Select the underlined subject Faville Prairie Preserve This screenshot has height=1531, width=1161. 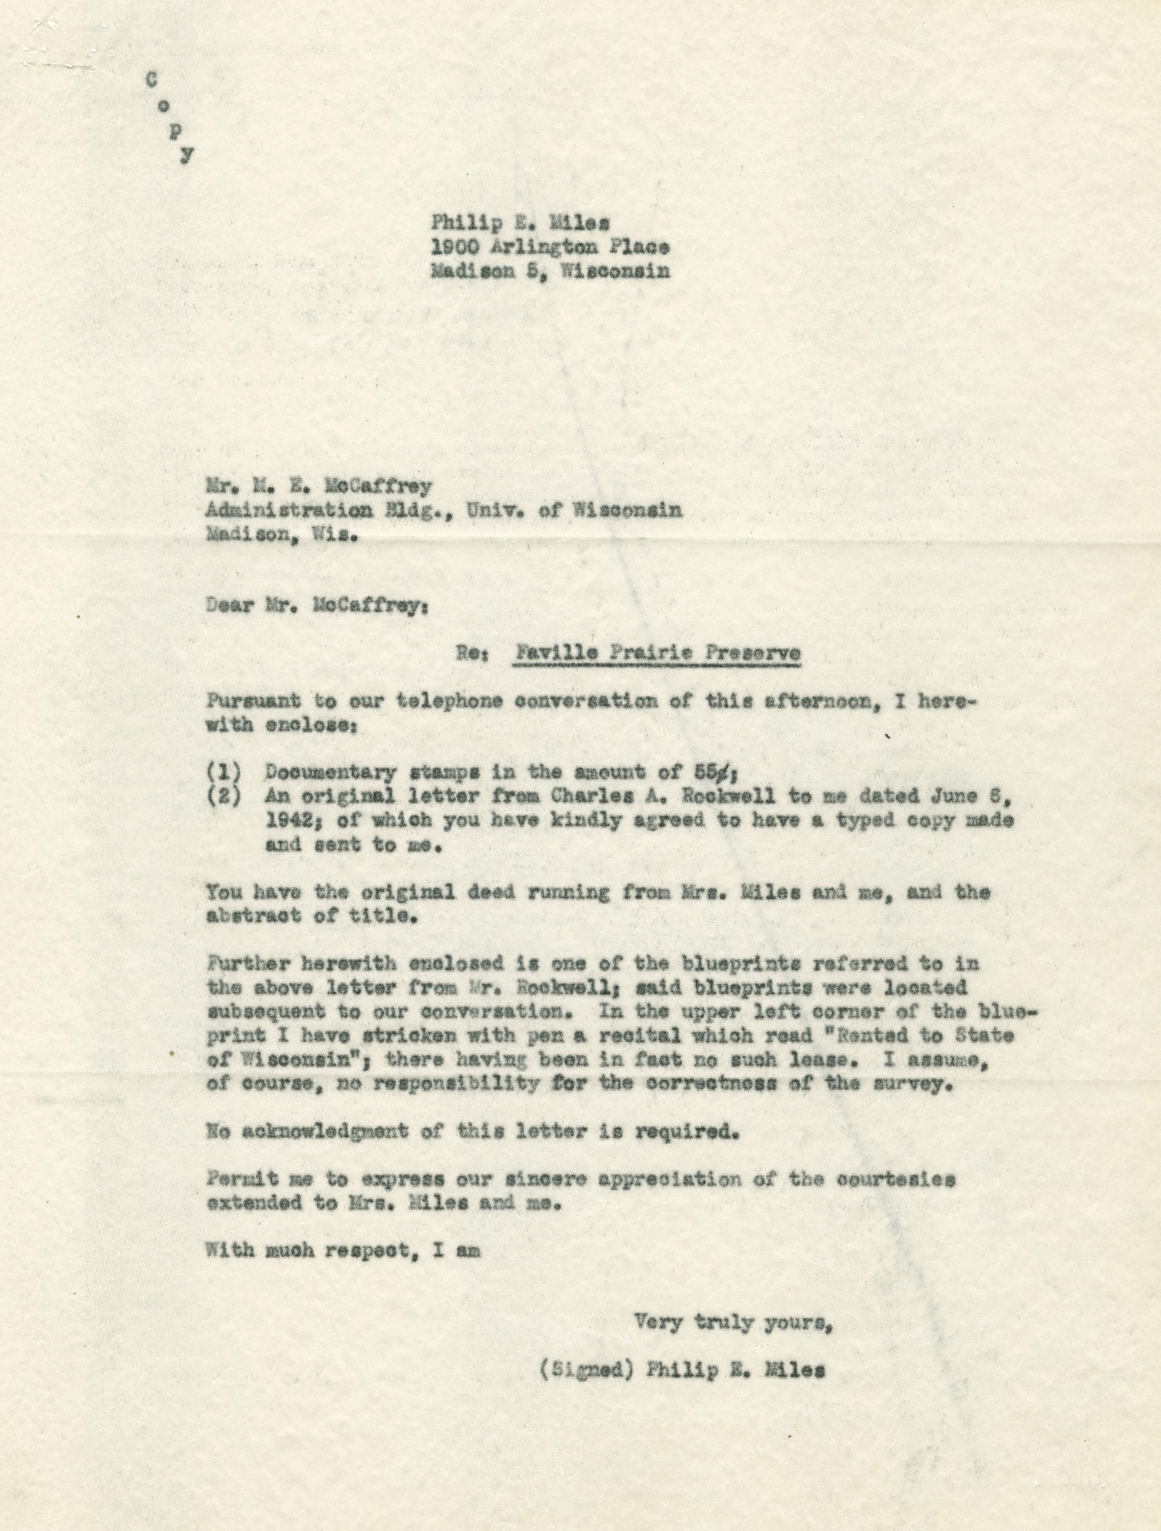tap(655, 653)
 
